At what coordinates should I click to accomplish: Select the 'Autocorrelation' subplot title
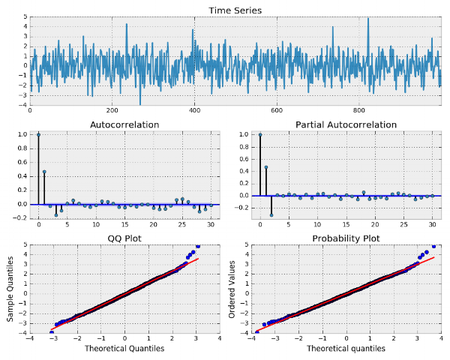[124, 124]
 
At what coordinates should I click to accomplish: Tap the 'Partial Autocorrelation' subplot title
[346, 124]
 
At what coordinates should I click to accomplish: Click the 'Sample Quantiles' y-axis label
[11, 288]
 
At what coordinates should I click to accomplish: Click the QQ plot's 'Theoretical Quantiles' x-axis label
[124, 349]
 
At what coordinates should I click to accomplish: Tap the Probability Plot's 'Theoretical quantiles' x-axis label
[346, 349]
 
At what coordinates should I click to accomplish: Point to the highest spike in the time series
[368, 19]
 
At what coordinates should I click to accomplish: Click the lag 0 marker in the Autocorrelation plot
[38, 135]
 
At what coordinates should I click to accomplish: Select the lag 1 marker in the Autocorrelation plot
[44, 172]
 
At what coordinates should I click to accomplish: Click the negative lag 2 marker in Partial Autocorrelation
[271, 214]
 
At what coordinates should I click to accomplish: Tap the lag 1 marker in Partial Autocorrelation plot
[265, 167]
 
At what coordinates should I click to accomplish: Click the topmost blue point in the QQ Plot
[198, 246]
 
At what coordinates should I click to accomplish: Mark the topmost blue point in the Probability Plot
[433, 246]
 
